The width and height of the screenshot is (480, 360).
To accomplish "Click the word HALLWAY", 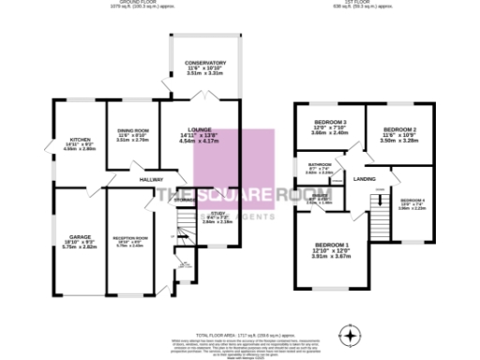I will point(152,178).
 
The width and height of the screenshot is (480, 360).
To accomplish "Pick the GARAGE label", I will point(78,236).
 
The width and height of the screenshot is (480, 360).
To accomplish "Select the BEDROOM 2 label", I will point(400,128).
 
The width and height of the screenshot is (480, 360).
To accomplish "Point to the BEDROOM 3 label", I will point(331,122).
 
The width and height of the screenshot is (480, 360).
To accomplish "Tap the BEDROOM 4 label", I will point(412,201).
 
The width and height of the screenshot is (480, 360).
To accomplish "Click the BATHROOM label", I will point(320,164).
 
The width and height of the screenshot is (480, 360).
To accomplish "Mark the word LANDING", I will point(365,179).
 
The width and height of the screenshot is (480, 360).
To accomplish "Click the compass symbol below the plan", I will point(352,333).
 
